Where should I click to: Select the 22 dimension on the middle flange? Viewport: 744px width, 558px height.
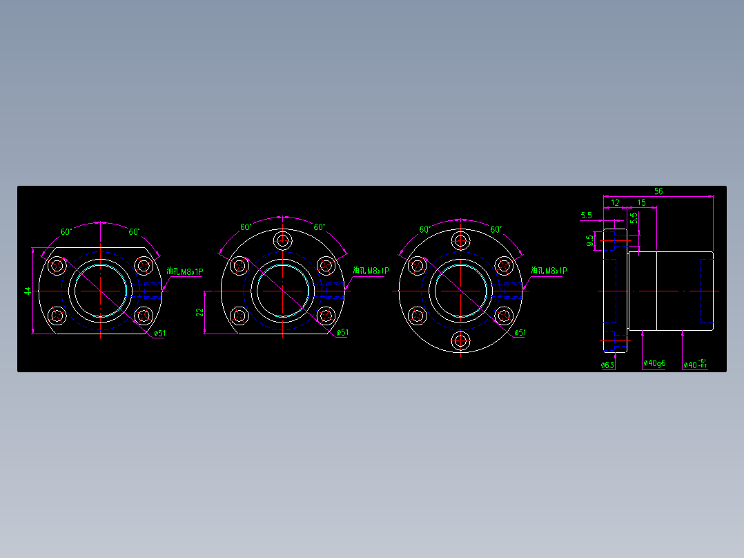[x=199, y=312]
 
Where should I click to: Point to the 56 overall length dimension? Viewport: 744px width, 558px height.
[x=658, y=191]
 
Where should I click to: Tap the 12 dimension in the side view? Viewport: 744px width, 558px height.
[x=615, y=203]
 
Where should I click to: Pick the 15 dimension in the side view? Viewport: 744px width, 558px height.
[x=642, y=203]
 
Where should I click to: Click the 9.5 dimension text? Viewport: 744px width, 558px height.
[x=590, y=241]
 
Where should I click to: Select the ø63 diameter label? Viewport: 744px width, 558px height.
[x=607, y=365]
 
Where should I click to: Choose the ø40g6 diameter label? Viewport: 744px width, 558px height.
[x=654, y=363]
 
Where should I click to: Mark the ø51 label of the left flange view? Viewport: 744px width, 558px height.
[x=159, y=333]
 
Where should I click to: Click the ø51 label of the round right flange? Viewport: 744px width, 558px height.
[x=520, y=333]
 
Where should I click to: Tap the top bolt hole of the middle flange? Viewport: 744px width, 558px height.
[x=283, y=240]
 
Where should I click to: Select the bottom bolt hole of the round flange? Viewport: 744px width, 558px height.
[x=460, y=340]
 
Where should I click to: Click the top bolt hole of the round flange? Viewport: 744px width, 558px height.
[x=460, y=240]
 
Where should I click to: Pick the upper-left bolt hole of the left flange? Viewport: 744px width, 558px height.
[x=57, y=265]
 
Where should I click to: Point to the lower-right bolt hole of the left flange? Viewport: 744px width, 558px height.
[x=144, y=316]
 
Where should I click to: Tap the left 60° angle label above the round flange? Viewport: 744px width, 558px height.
[x=424, y=229]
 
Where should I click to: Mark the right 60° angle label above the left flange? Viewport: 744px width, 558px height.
[x=134, y=232]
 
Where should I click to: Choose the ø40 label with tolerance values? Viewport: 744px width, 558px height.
[x=694, y=364]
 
